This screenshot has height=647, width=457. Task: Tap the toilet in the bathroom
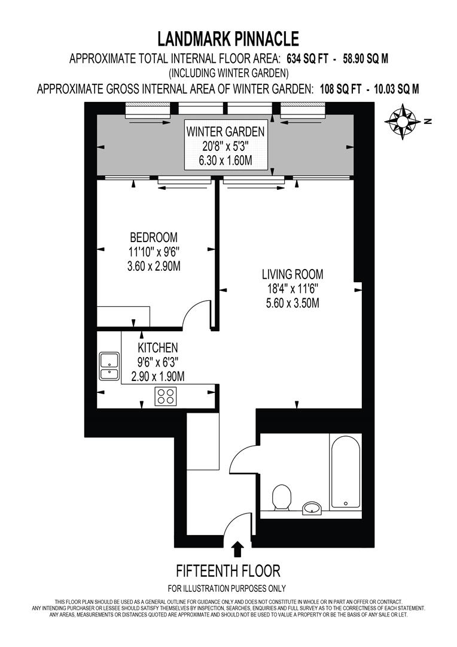281,498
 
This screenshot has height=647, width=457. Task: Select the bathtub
345,471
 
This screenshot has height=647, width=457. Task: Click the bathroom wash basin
312,509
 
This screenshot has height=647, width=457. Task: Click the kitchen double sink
109,367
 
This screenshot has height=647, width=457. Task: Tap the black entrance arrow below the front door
237,549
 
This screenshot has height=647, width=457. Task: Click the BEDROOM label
154,238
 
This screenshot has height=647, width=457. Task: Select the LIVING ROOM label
293,275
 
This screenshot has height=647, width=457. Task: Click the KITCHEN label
158,348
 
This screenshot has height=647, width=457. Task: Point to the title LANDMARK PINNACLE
228,40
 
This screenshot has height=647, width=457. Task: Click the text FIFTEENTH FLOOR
227,570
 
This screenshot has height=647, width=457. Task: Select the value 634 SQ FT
310,58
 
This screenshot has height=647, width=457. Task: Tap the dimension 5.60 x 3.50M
293,303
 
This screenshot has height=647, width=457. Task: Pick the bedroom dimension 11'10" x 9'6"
154,252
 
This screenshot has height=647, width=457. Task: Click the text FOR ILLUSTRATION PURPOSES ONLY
227,588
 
